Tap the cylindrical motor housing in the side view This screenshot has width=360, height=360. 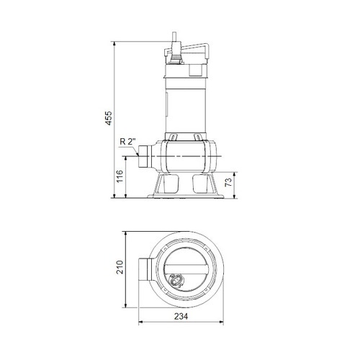(x=187, y=101)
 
